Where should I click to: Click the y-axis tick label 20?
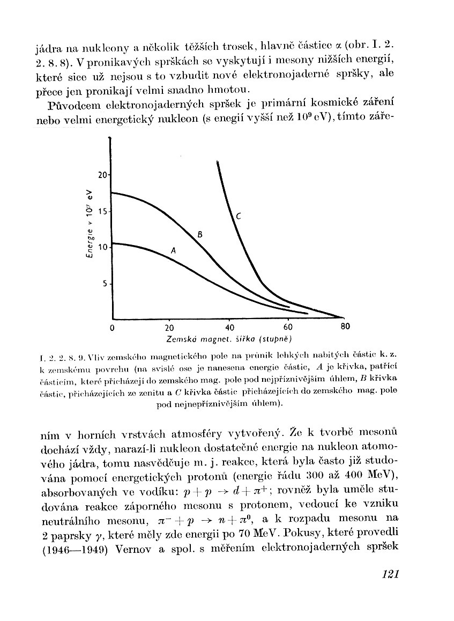coord(102,175)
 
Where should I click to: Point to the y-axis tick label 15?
coord(102,211)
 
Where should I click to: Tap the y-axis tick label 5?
coord(105,284)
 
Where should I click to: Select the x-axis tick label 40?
coord(229,328)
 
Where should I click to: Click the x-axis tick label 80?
coord(345,327)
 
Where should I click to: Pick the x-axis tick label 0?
coord(111,328)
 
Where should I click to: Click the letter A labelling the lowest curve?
coord(173,250)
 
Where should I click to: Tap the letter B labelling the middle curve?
coord(199,234)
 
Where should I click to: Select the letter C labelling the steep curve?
coord(239,216)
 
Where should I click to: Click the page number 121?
coord(391,575)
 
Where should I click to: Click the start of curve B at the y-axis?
coord(113,193)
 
